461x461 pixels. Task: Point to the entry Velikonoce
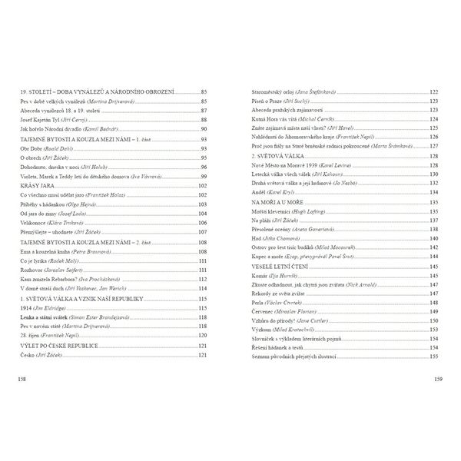(x=36, y=222)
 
